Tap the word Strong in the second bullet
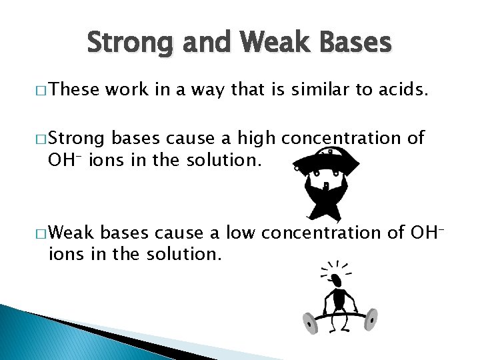tap(79, 139)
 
